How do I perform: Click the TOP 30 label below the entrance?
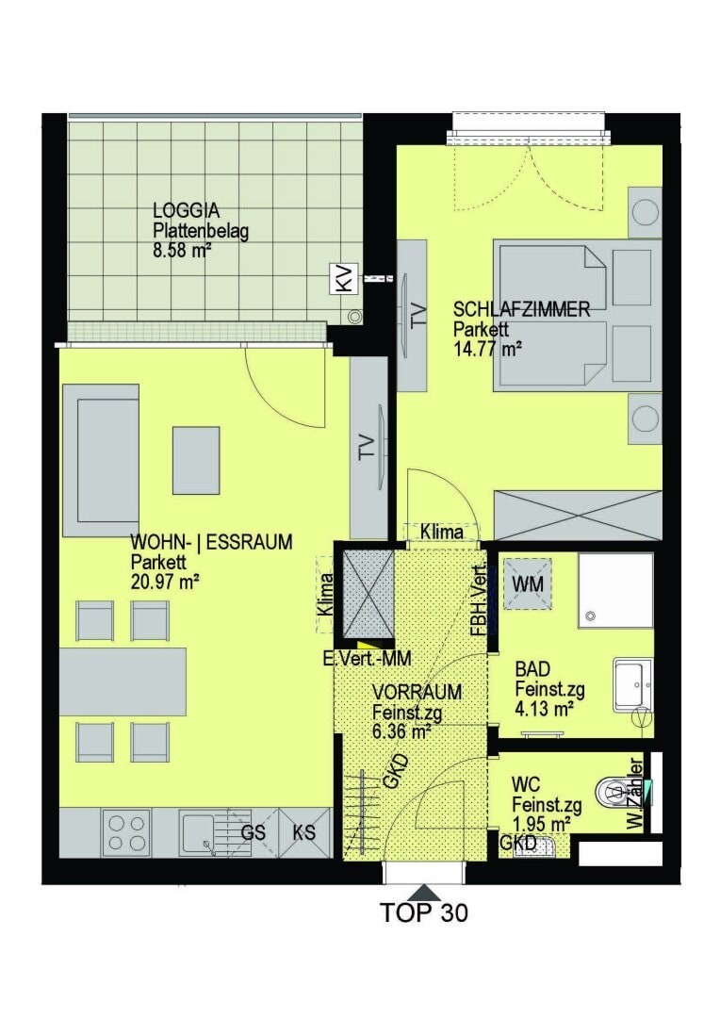pos(424,912)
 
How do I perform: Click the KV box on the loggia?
pos(343,278)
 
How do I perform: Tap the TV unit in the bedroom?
pos(412,315)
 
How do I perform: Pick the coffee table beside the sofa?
pos(195,460)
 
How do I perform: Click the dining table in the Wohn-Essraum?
pos(123,681)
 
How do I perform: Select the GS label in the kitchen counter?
pos(253,833)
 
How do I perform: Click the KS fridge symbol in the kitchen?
pos(303,833)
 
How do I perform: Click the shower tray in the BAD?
pos(614,590)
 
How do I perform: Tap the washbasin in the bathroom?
pos(631,684)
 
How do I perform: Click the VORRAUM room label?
pos(416,692)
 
